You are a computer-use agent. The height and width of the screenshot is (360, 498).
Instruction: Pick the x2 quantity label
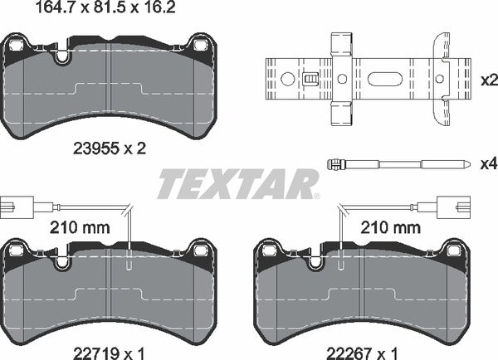pyautogui.click(x=488, y=80)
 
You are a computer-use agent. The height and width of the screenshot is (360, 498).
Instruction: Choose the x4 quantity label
pyautogui.click(x=488, y=163)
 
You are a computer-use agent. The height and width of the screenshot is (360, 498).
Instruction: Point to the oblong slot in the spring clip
pyautogui.click(x=384, y=80)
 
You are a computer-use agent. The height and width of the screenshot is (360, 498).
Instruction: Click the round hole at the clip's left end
pyautogui.click(x=288, y=80)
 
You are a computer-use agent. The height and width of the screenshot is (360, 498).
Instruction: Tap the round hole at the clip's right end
pyautogui.click(x=439, y=80)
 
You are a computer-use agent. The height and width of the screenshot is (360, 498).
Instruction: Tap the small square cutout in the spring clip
pyautogui.click(x=311, y=80)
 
